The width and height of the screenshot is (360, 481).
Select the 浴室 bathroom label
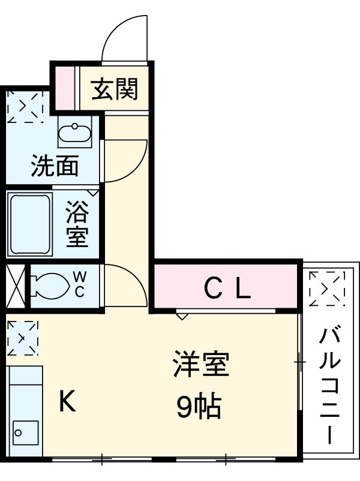tap(77, 225)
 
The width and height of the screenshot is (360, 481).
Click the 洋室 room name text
tap(201, 365)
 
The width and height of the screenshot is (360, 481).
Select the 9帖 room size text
tap(199, 408)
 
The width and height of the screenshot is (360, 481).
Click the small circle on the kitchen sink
tap(18, 432)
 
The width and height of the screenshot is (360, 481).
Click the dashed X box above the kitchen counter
tap(22, 338)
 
